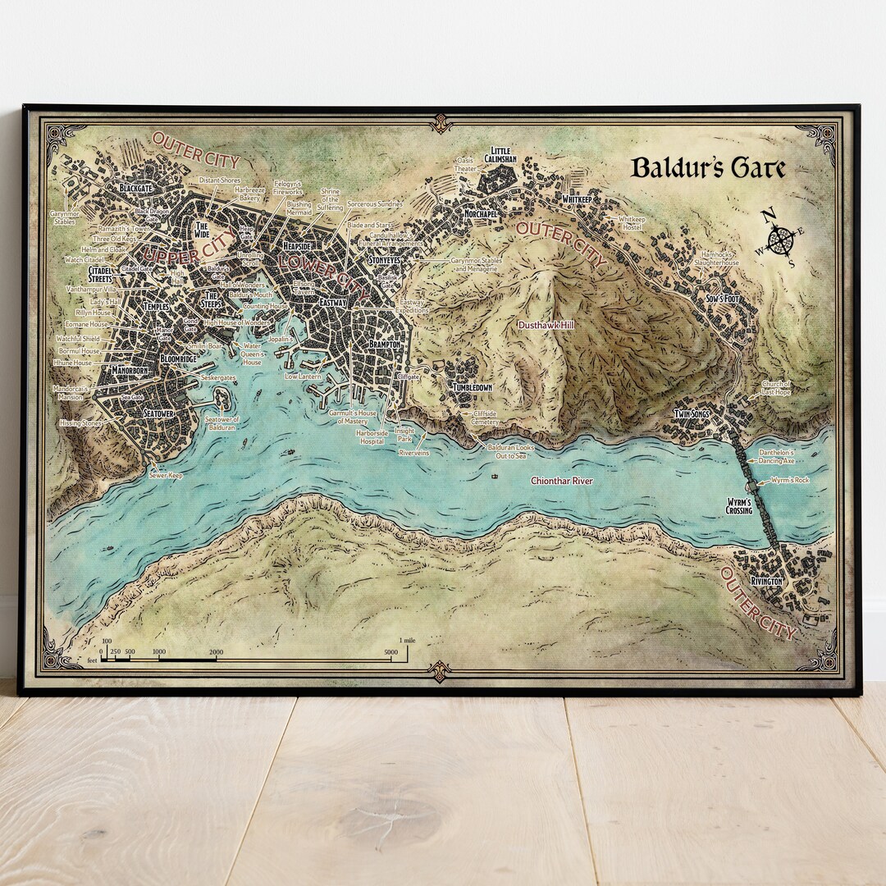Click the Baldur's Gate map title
pos(708,168)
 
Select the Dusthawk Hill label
pos(545,325)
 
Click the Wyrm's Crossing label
pos(739,505)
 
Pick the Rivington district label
pos(764,581)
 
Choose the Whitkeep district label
pos(578,199)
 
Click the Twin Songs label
pos(691,414)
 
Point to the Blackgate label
pos(135,188)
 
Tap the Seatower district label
pos(158,413)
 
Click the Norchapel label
pos(481,212)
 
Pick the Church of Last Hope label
pos(775,387)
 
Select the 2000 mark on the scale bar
pos(216,652)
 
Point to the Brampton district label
pos(384,345)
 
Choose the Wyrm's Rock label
pos(791,480)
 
